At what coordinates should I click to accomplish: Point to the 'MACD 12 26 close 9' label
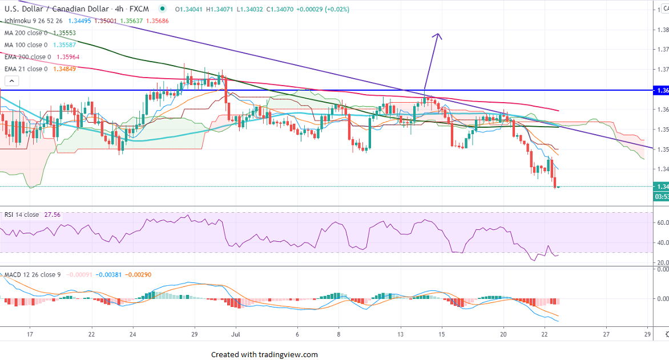[x=33, y=275]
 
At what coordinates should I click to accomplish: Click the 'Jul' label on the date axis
[x=236, y=334]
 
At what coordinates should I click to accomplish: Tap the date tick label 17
[x=30, y=334]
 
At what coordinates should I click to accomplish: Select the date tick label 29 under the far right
[x=647, y=334]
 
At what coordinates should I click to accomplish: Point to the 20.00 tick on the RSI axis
[x=661, y=262]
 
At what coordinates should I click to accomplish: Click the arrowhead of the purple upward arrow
[x=438, y=35]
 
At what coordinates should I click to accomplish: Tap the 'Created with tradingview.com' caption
[x=264, y=354]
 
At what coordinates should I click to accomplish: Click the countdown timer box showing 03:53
[x=661, y=197]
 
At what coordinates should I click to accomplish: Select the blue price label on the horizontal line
[x=661, y=91]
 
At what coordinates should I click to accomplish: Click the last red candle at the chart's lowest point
[x=554, y=182]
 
